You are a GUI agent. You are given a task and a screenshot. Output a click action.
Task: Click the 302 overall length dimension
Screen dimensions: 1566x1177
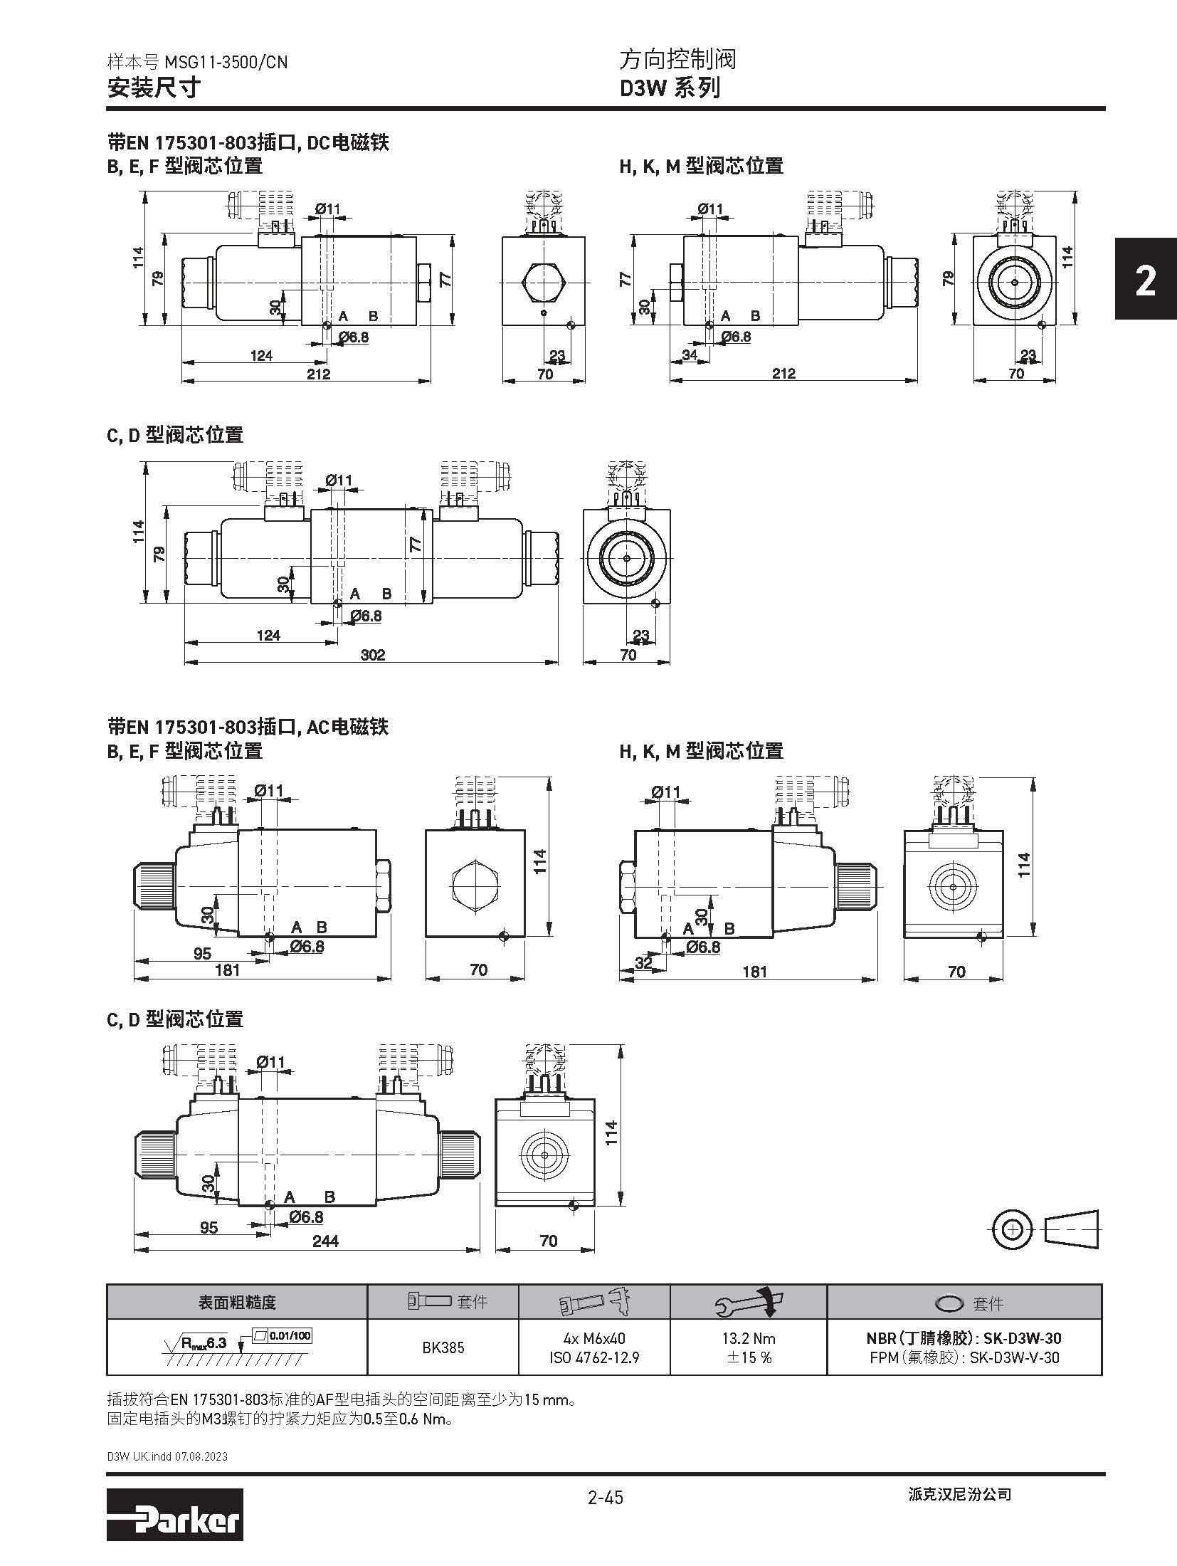point(372,654)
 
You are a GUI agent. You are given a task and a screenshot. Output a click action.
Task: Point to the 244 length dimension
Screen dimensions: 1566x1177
point(325,1241)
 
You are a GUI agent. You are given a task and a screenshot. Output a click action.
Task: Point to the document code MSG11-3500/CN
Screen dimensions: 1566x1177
point(226,62)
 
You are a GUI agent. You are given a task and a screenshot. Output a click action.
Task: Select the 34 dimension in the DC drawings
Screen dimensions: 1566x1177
point(689,354)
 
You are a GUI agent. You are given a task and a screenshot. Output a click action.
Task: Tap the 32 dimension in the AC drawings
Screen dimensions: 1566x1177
point(643,963)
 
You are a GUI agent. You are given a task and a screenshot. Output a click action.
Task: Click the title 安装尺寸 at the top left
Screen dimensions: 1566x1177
point(154,88)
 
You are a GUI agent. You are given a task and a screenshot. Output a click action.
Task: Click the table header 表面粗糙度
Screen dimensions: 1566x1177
point(236,1303)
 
